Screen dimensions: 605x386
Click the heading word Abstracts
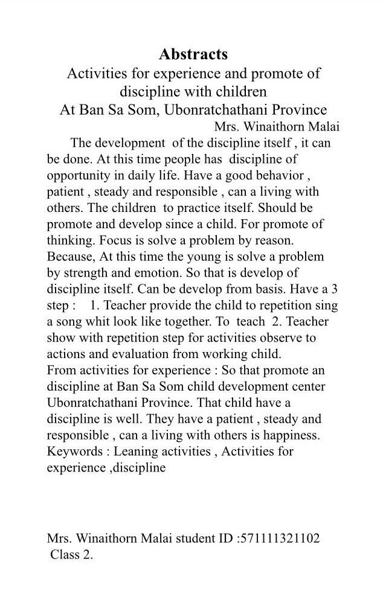coord(193,54)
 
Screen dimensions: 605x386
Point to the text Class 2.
coord(72,555)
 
